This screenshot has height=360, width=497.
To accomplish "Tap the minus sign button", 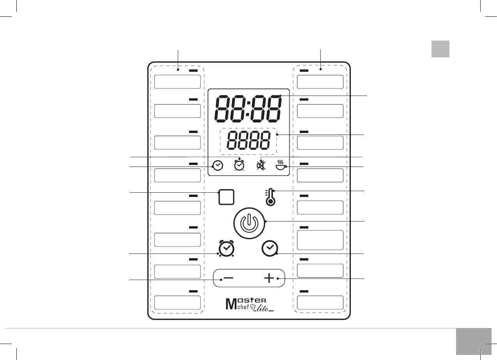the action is click(228, 278).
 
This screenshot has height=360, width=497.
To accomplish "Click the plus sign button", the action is click(269, 278).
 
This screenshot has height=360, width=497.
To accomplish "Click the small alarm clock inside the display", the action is click(239, 165).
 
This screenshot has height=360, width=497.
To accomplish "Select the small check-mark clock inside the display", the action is click(218, 166).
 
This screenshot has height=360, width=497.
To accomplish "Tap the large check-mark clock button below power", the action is click(270, 248).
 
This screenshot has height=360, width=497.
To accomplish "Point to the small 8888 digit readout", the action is click(248, 141).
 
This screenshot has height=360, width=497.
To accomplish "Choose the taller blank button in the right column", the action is click(320, 240).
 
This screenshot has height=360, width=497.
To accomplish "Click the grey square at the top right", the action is click(440, 49).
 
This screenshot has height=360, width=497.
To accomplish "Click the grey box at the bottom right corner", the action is click(470, 341).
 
